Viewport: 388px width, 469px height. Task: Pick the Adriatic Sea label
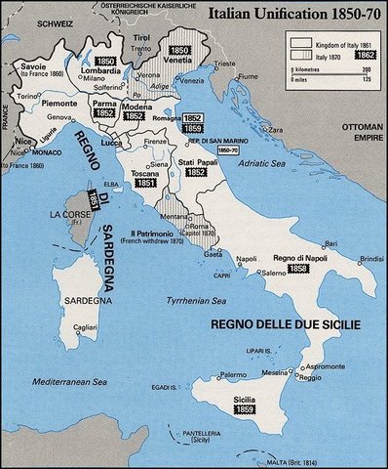[x=263, y=169]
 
